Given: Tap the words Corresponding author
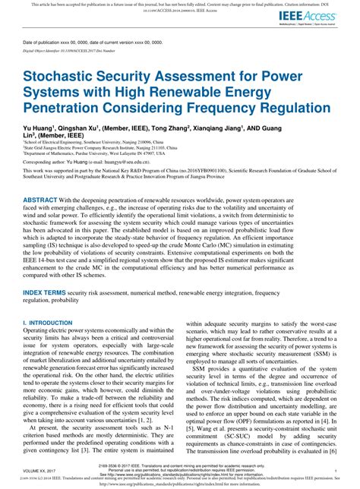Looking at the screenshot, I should coord(46,162).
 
